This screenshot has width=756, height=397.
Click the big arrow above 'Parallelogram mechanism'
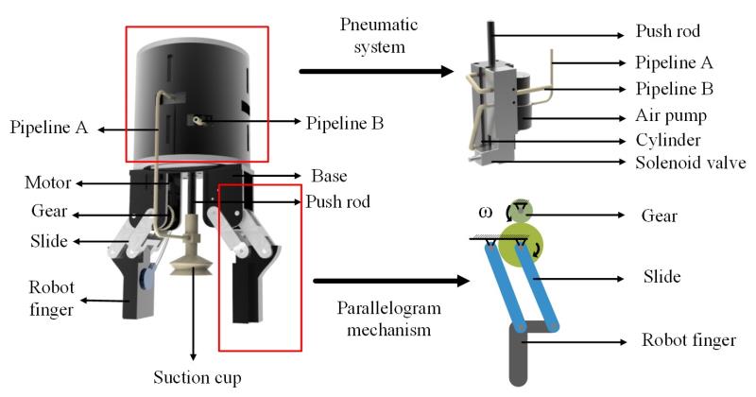(x=389, y=280)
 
